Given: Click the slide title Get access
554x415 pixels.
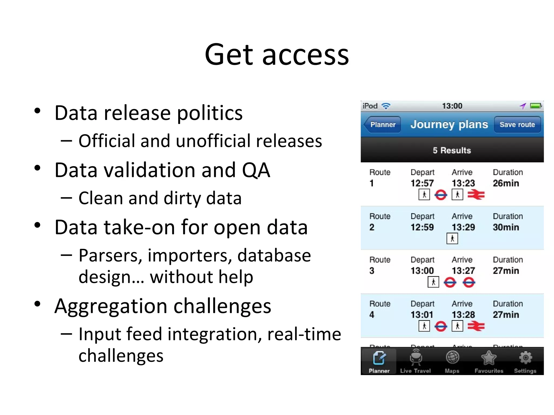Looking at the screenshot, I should (277, 55).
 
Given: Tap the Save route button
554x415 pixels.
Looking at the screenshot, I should (517, 125).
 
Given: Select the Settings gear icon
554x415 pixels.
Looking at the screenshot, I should (525, 358).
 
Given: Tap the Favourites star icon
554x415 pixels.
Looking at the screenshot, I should (489, 358).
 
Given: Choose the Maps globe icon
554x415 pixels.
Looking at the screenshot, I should (452, 357).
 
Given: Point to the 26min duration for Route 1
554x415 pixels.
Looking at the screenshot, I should (506, 183).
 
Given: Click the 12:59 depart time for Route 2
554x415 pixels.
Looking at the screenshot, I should (422, 227).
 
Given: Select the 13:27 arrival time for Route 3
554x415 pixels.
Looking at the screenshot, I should (463, 270).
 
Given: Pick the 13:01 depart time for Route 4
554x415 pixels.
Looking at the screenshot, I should (422, 314).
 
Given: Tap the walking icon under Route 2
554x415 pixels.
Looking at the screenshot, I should (452, 239).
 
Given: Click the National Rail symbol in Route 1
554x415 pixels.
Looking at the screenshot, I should (476, 195).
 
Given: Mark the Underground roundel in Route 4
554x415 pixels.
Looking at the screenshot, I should (441, 326).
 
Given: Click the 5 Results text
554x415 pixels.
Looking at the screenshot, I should (452, 150).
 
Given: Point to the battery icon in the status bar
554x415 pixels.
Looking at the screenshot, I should (536, 106).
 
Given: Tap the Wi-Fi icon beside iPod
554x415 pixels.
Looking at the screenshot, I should (386, 106).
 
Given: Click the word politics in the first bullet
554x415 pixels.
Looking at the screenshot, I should (210, 113).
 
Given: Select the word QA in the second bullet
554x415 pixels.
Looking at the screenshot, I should (256, 170).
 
